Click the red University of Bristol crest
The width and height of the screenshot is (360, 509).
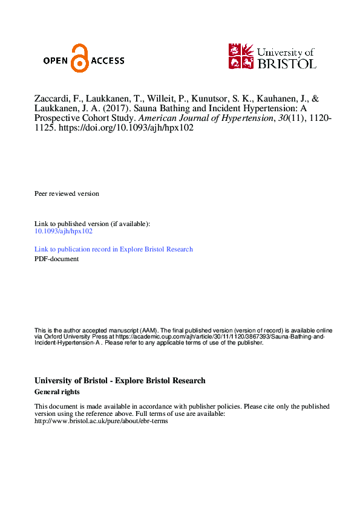pos(241,56)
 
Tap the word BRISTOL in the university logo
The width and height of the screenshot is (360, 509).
pos(286,63)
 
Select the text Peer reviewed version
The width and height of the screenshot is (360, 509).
pos(67,193)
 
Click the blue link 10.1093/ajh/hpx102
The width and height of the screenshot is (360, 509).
pos(64,231)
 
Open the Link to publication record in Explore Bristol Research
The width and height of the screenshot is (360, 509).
pos(114,249)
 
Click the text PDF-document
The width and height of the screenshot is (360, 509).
pos(57,259)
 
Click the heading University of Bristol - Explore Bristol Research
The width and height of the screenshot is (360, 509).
pos(120,381)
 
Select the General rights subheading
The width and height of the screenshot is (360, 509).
pos(57,392)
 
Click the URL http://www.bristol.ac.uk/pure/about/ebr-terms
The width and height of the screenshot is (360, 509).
pos(101,421)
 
